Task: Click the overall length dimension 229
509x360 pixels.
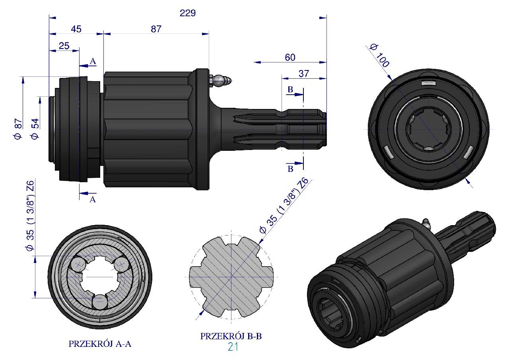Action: pos(188,14)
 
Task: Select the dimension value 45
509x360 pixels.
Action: pos(76,29)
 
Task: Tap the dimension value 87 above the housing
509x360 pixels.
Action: pos(156,29)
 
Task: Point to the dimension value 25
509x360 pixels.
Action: pos(64,46)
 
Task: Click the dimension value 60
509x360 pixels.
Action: pos(290,57)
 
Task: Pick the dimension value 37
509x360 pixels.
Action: pos(304,73)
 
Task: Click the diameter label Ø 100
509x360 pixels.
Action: pos(379,55)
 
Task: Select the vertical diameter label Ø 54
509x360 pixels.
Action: pos(35,129)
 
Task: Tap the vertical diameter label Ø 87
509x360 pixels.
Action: pos(18,129)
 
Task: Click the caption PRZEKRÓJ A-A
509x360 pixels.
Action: pos(100,344)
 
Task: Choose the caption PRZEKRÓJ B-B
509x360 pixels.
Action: pos(231,336)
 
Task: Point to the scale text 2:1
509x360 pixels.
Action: pos(233,347)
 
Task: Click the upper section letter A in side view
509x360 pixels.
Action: pos(93,61)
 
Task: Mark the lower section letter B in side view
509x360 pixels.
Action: pos(290,169)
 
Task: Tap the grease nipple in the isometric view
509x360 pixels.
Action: pos(426,223)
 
